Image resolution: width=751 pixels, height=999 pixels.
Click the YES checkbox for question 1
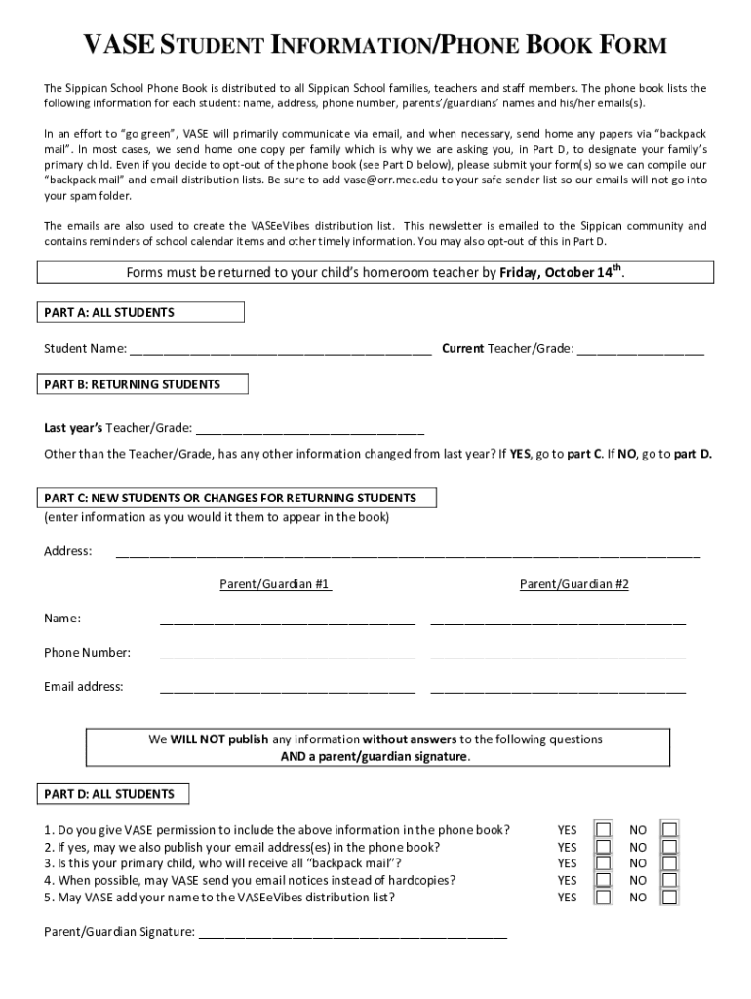click(604, 830)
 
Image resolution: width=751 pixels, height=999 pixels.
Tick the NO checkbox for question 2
click(669, 847)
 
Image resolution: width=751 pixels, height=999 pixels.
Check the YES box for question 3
click(604, 863)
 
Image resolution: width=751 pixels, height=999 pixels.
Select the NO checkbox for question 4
click(669, 880)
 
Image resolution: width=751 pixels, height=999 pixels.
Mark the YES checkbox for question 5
click(604, 897)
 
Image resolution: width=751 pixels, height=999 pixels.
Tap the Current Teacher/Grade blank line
click(640, 350)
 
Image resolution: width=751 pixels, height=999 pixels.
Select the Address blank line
click(408, 553)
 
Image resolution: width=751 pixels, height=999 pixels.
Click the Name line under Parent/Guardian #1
click(288, 620)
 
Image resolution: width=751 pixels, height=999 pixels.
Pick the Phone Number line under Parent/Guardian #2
click(558, 654)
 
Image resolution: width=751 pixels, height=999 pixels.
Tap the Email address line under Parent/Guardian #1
click(288, 688)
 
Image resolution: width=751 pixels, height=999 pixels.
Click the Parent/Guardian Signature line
click(353, 934)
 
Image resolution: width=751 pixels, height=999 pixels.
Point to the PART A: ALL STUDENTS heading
click(109, 313)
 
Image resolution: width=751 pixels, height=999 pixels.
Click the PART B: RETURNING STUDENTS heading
click(133, 384)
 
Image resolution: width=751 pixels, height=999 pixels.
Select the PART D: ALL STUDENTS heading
click(109, 794)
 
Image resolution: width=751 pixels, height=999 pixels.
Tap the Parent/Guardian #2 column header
click(573, 584)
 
